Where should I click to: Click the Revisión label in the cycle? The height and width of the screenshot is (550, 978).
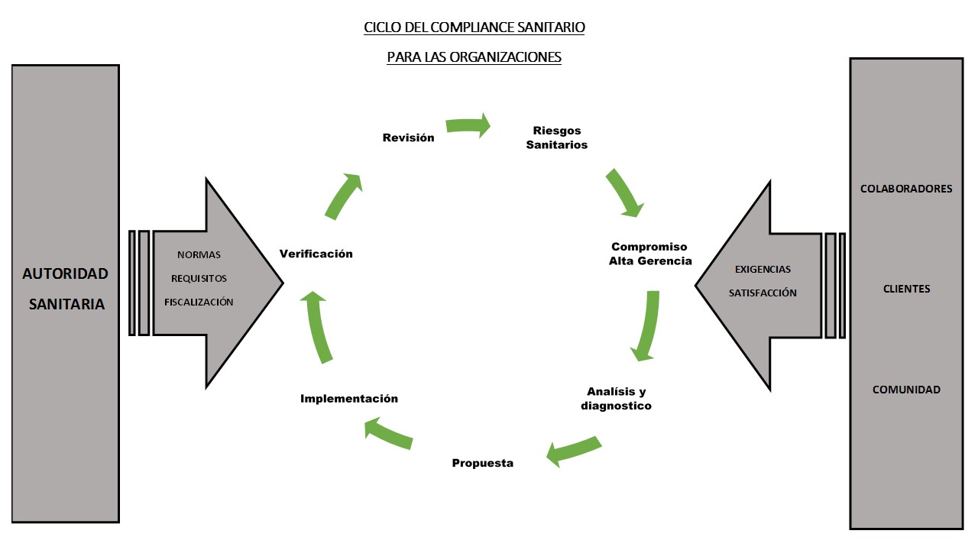[x=408, y=137]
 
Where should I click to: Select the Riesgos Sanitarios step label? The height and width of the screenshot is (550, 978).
[x=557, y=137]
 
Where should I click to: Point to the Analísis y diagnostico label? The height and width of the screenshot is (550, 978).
[x=616, y=399]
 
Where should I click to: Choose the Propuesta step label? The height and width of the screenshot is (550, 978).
[x=482, y=463]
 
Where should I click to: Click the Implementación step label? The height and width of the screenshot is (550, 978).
[x=349, y=398]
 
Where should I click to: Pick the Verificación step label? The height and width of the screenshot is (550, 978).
[x=316, y=254]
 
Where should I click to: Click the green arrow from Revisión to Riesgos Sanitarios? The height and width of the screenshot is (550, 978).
[x=468, y=125]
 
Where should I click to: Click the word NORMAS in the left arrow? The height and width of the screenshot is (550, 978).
[x=199, y=254]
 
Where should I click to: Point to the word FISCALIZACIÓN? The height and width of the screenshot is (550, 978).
[x=199, y=302]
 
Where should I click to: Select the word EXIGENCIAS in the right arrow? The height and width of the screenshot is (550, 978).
[x=763, y=269]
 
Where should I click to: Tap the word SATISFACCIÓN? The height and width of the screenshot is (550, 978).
[x=763, y=293]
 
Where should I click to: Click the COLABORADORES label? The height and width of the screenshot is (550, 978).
[x=906, y=189]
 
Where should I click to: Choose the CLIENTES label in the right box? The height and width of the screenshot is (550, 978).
[x=906, y=289]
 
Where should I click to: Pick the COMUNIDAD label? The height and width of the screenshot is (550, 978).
[x=906, y=390]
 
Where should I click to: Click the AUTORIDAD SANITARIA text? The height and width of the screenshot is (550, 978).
[x=66, y=289]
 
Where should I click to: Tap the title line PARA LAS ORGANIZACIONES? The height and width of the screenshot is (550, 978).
[x=474, y=57]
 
